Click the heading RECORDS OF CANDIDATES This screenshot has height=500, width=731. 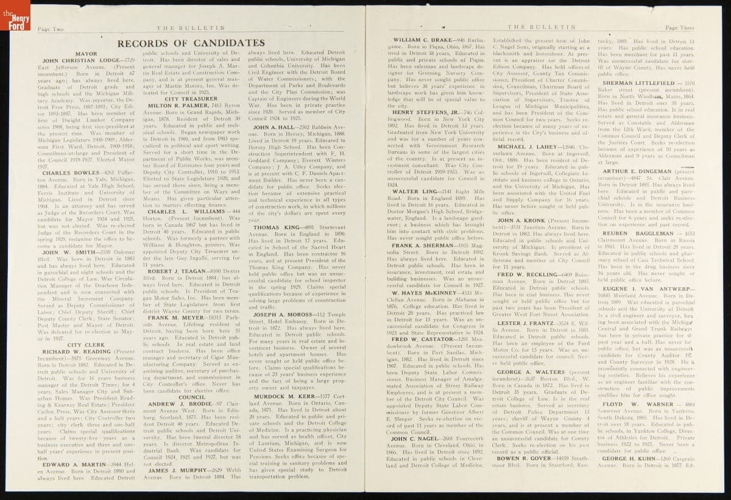tap(191, 43)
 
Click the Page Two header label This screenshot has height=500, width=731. tap(51, 28)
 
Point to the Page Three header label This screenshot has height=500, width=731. tap(679, 27)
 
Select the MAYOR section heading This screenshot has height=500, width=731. tap(86, 54)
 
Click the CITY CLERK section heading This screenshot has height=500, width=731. tap(83, 345)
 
